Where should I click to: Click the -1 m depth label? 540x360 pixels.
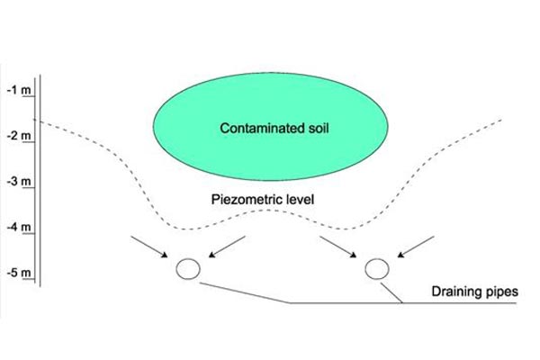pos(17,90)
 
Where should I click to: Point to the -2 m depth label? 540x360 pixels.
pos(17,136)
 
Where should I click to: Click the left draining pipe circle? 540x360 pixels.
pos(188,268)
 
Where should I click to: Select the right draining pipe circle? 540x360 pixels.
pos(376,268)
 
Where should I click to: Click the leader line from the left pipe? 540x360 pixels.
pos(243,292)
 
